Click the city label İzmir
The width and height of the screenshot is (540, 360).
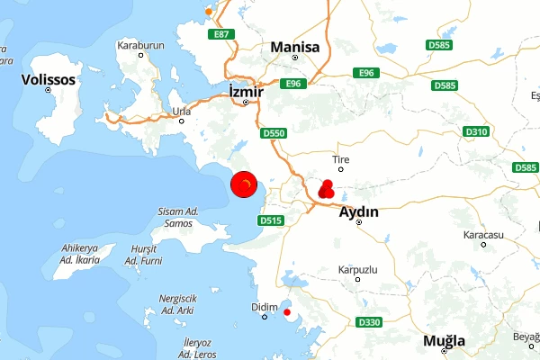point(246,92)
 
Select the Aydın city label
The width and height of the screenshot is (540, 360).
point(358,212)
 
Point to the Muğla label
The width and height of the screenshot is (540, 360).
point(445,341)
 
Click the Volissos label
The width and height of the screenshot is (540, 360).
point(48,79)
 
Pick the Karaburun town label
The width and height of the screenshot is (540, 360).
point(141,43)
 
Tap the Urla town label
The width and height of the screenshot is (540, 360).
point(182,112)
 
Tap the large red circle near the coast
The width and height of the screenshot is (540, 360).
point(245,186)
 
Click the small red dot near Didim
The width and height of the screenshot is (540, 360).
point(287,312)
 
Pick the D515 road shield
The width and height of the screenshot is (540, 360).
point(270,220)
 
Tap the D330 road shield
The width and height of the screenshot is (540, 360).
point(369,322)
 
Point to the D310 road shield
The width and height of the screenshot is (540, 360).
point(476,132)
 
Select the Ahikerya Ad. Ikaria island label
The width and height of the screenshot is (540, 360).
point(78,252)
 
